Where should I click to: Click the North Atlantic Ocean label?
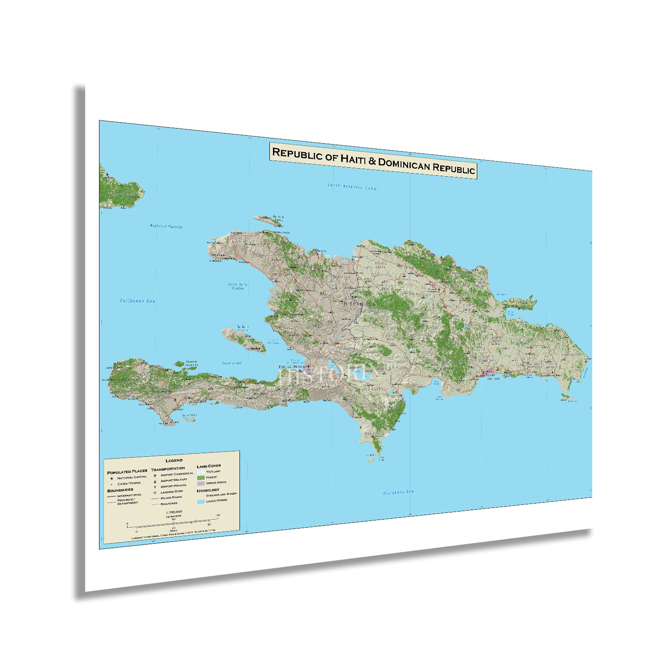(352, 187)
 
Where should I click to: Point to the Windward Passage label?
(166, 226)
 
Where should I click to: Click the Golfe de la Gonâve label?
(238, 286)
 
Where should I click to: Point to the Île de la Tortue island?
(268, 220)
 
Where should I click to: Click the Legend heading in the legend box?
(174, 460)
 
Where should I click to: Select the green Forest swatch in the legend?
(201, 477)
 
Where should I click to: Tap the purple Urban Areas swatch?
(201, 483)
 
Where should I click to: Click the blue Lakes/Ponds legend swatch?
(201, 501)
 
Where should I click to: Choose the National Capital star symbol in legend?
(112, 478)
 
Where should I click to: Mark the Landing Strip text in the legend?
(172, 491)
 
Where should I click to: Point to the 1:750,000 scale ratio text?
(173, 512)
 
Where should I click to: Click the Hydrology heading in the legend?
(208, 490)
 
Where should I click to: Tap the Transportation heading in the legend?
(168, 469)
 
